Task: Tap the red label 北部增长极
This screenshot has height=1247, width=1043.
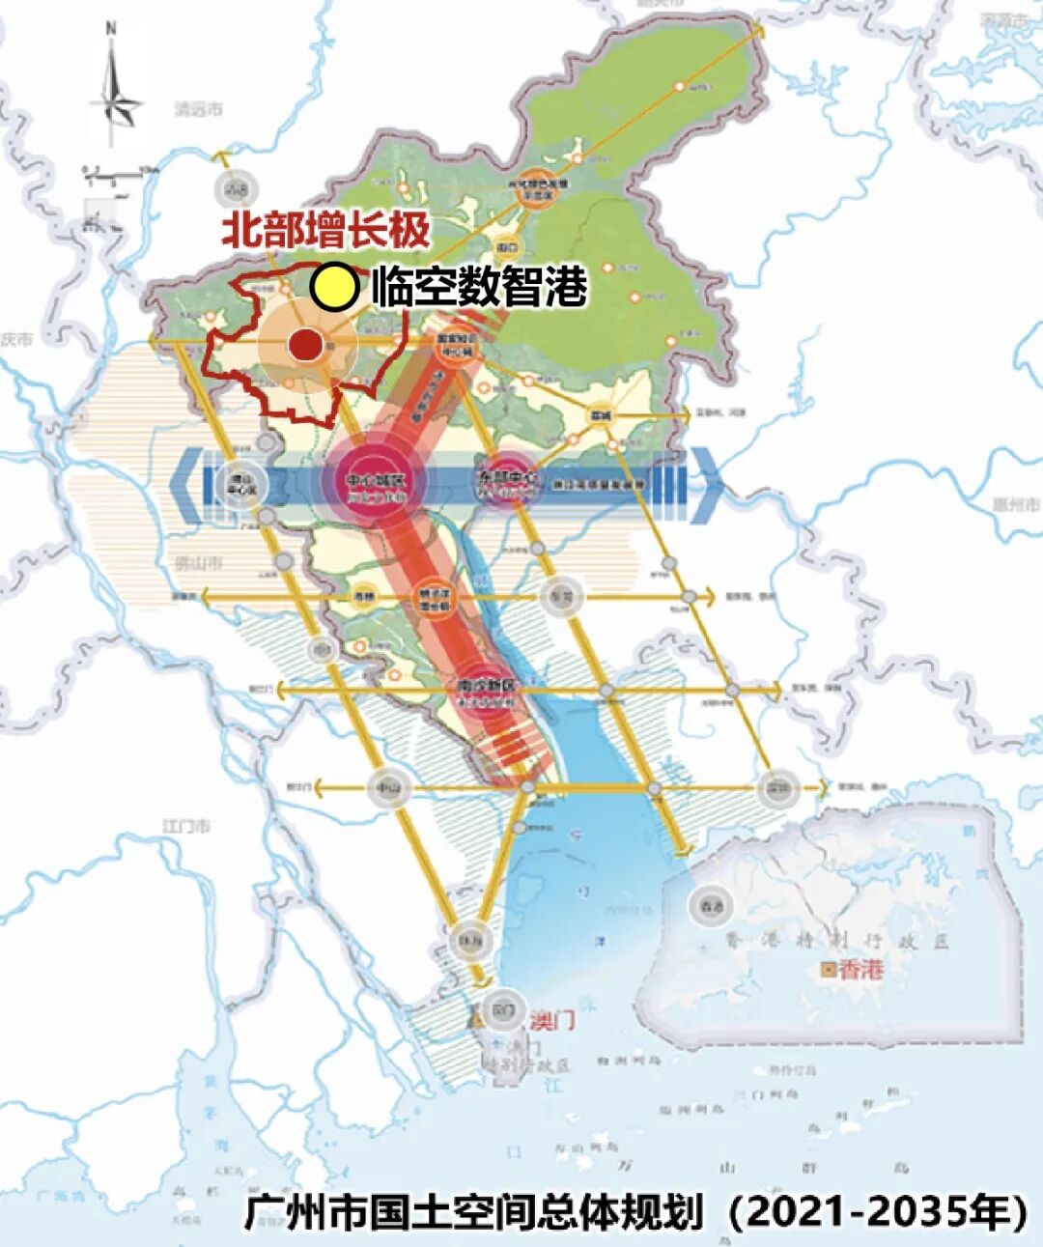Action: click(x=325, y=232)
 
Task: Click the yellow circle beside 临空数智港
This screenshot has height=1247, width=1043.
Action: click(x=334, y=287)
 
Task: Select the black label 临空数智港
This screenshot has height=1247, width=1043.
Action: click(x=479, y=287)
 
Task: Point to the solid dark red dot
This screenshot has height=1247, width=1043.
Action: click(x=305, y=343)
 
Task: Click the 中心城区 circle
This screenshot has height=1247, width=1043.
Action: click(x=372, y=480)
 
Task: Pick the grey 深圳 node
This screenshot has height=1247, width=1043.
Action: click(x=777, y=788)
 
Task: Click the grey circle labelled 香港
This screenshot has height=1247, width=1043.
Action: click(x=710, y=906)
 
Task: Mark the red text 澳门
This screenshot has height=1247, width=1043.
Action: click(x=551, y=1019)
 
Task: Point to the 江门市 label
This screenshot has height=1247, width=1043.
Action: click(x=186, y=827)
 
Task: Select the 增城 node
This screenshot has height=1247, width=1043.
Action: click(x=602, y=415)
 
